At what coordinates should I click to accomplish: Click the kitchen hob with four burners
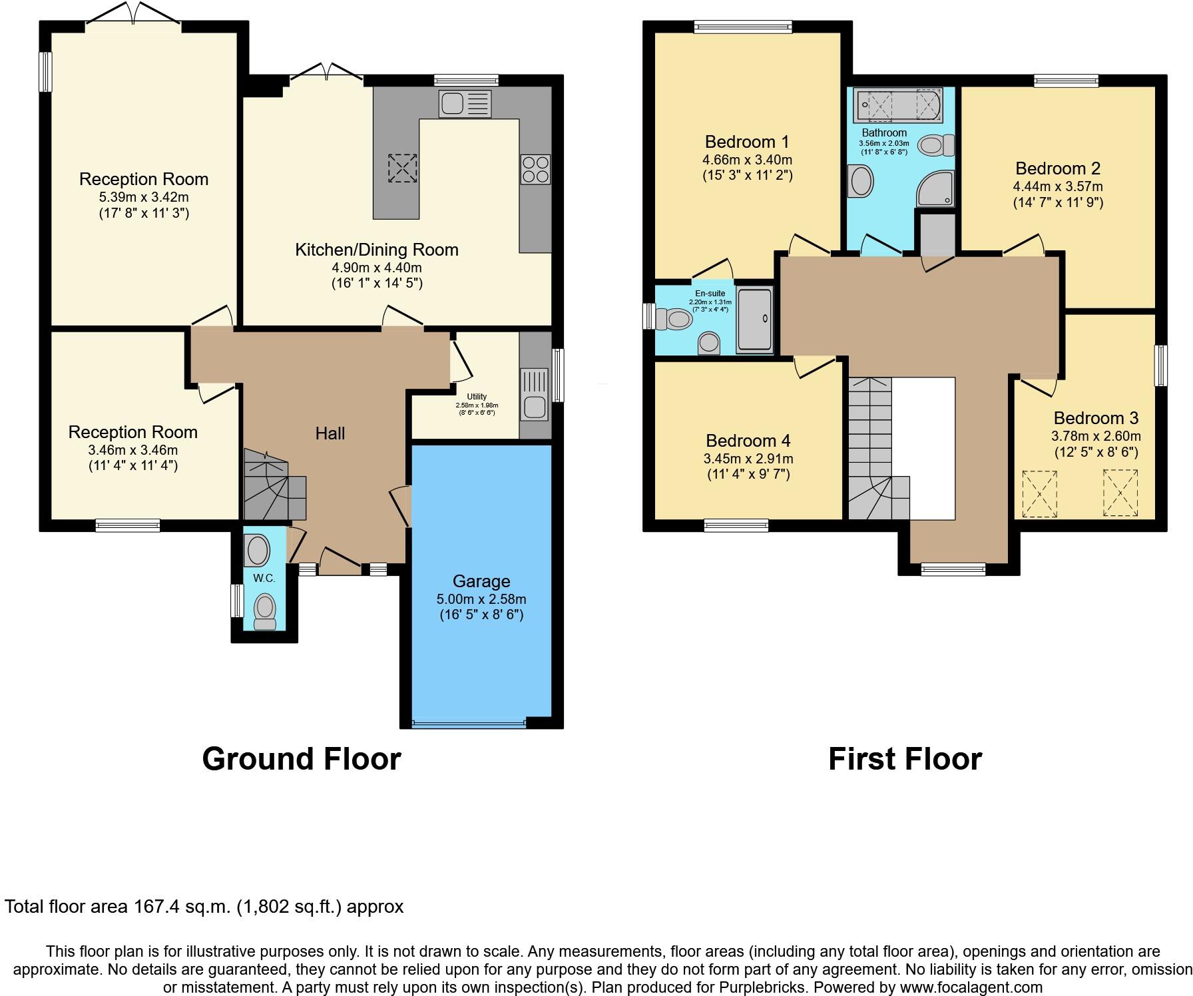[535, 169]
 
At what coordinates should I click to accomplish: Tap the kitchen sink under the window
[465, 104]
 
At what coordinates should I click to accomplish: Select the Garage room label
[481, 581]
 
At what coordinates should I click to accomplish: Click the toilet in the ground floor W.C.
[265, 611]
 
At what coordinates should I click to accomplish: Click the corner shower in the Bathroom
[936, 189]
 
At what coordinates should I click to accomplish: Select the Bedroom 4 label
[748, 441]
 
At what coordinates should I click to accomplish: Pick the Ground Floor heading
[301, 759]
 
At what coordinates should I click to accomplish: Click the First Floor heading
[905, 759]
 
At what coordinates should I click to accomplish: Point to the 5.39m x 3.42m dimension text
[144, 197]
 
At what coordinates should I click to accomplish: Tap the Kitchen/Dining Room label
[377, 250]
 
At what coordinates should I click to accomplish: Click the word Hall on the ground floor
[330, 433]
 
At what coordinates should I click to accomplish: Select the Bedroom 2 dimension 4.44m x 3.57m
[1058, 186]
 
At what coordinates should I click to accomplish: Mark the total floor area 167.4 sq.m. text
[204, 906]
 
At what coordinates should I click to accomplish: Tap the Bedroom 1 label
[747, 142]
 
